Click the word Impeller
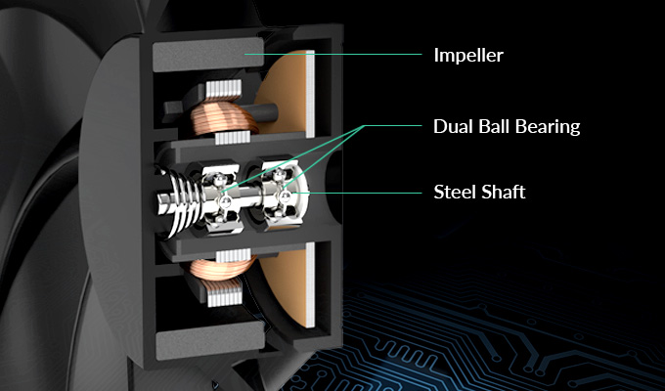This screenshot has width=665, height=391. (468, 56)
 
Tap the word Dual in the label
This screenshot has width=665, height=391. (452, 126)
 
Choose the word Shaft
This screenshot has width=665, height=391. (505, 193)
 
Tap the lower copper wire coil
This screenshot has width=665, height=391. (221, 270)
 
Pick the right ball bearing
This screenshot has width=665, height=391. (281, 195)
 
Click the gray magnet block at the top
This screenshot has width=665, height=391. (207, 55)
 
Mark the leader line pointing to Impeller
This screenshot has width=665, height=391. (332, 55)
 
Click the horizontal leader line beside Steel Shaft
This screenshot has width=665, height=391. (358, 193)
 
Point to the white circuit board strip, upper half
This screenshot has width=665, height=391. (310, 94)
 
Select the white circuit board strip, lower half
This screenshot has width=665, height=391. (310, 285)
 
